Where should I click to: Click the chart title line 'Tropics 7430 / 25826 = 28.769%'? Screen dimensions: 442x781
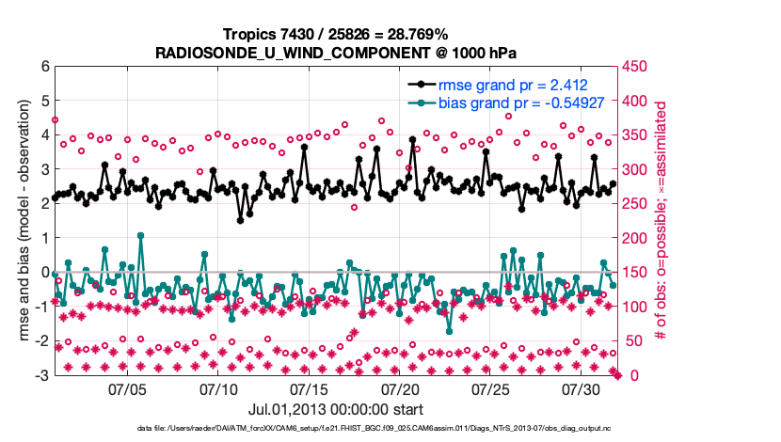[335, 34]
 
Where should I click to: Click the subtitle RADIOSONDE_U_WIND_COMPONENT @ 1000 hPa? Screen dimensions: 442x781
[335, 52]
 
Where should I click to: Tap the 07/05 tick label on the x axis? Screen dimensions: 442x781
[128, 388]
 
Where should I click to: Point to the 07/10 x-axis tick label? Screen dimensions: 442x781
[219, 388]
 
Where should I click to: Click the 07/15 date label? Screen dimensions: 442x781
[310, 388]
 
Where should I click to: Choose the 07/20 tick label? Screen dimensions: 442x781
[401, 388]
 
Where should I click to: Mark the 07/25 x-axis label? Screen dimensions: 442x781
[491, 388]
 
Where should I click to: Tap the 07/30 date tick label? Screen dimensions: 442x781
[582, 388]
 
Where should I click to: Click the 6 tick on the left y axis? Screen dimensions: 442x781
[44, 67]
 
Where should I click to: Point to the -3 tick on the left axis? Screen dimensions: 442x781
[41, 375]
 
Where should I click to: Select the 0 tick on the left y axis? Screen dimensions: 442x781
[44, 273]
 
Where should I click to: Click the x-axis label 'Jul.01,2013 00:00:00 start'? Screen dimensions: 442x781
[335, 409]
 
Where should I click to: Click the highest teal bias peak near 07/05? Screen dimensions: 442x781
[140, 236]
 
